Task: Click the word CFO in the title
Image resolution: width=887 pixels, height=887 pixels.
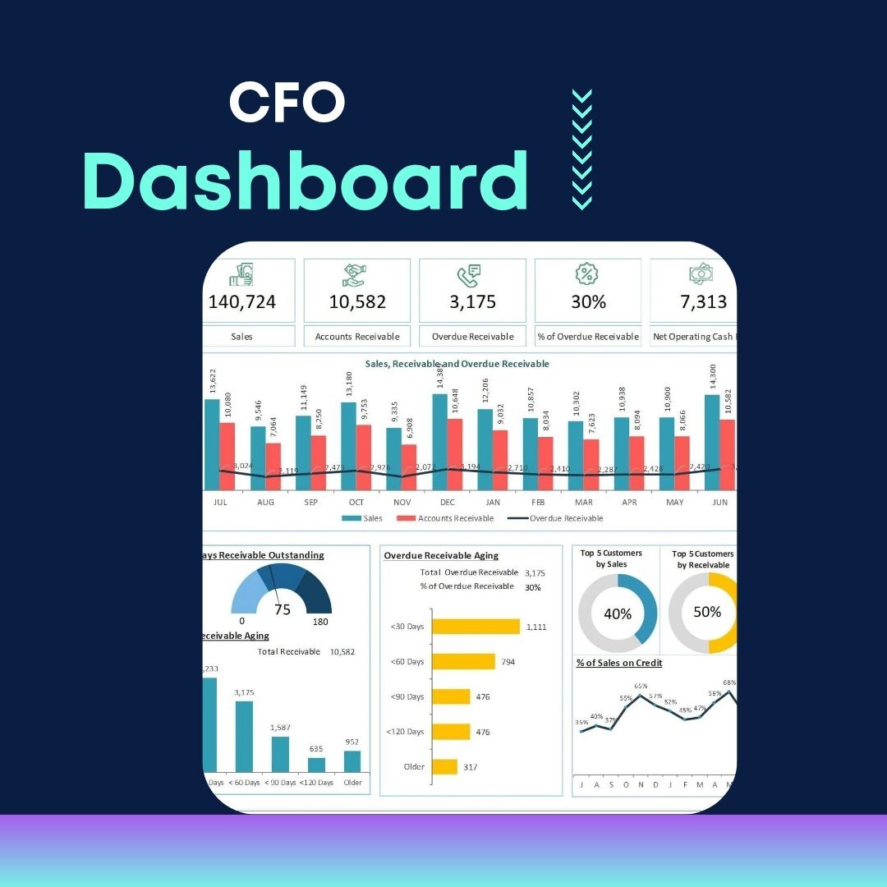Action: pos(287,103)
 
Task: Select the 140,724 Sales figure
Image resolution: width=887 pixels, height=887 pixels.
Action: pos(242,301)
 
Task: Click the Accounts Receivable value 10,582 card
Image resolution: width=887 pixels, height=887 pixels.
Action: pos(357,301)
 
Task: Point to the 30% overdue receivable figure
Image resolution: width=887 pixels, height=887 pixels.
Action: pos(588,301)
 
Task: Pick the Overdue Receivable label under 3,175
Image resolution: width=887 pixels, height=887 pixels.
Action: pos(472,336)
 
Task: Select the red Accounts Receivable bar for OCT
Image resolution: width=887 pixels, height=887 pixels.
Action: pos(363,457)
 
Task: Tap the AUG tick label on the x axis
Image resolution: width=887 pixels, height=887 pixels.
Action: pos(265,501)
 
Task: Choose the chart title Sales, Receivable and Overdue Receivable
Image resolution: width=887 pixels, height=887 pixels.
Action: pos(457,363)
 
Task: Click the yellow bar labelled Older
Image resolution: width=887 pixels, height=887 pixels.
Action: pos(444,766)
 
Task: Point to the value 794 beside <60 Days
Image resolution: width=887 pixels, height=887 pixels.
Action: pos(508,661)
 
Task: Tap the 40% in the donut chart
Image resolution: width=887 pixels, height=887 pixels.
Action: pos(618,614)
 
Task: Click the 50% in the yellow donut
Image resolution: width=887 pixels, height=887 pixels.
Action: pos(706,612)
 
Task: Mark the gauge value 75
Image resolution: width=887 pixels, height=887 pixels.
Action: pos(283,609)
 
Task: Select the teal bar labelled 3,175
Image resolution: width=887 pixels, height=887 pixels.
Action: pos(244,736)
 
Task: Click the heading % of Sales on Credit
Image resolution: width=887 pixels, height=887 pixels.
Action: pos(619,663)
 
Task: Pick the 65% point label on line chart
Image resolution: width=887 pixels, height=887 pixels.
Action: pos(641,686)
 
